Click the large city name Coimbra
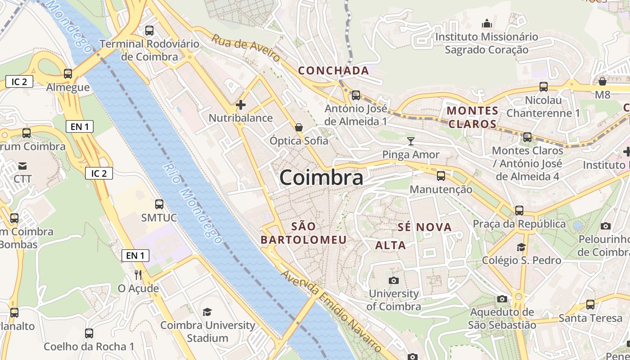(x=321, y=178)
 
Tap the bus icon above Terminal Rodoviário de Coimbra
(x=149, y=31)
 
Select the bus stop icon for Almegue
(x=68, y=73)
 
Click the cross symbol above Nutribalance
(x=241, y=105)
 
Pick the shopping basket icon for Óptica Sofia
(x=298, y=128)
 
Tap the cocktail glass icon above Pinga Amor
(x=410, y=141)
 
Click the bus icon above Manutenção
(x=441, y=175)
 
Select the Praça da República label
(x=519, y=224)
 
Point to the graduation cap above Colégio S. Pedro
(x=521, y=247)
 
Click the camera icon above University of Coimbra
(x=394, y=280)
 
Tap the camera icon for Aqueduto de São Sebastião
(x=502, y=299)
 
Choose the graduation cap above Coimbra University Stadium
(x=207, y=312)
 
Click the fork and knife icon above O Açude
(x=138, y=274)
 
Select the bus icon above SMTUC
(x=159, y=204)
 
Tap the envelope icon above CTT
(x=22, y=166)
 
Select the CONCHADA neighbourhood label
(x=333, y=71)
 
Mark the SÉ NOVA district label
(x=424, y=227)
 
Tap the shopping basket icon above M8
(x=602, y=81)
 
